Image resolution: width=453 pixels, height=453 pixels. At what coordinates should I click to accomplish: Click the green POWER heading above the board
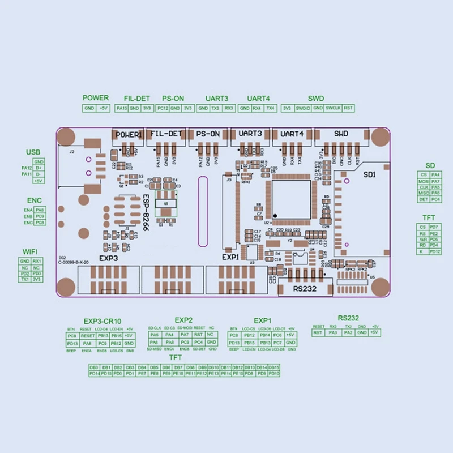pos(95,98)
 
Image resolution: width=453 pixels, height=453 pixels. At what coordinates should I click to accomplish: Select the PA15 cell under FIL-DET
pos(121,108)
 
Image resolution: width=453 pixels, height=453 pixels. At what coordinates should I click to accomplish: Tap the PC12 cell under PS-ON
pos(163,108)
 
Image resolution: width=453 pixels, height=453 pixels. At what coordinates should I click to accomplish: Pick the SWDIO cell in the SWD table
pos(303,108)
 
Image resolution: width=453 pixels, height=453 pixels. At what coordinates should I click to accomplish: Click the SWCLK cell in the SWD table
pos(333,108)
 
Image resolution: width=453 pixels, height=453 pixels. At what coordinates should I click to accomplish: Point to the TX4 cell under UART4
pos(270,108)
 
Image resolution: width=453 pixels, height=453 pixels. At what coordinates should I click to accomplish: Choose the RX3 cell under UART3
pos(228,108)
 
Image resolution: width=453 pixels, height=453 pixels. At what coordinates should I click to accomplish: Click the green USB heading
pos(33,152)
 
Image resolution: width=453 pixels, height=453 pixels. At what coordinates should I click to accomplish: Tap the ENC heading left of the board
pos(34,201)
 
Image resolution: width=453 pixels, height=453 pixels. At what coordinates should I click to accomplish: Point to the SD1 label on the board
pos(369,174)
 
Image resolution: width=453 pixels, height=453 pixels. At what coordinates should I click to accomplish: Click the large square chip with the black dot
pos(291,198)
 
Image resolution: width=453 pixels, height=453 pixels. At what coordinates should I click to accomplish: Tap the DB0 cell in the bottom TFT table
pos(95,367)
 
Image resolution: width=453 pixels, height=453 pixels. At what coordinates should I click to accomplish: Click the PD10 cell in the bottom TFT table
pos(274,374)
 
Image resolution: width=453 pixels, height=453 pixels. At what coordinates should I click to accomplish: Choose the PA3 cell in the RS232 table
pos(332,332)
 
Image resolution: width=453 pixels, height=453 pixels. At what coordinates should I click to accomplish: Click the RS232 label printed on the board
pos(305,288)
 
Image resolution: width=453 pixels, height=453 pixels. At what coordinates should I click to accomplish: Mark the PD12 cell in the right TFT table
pos(434,251)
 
